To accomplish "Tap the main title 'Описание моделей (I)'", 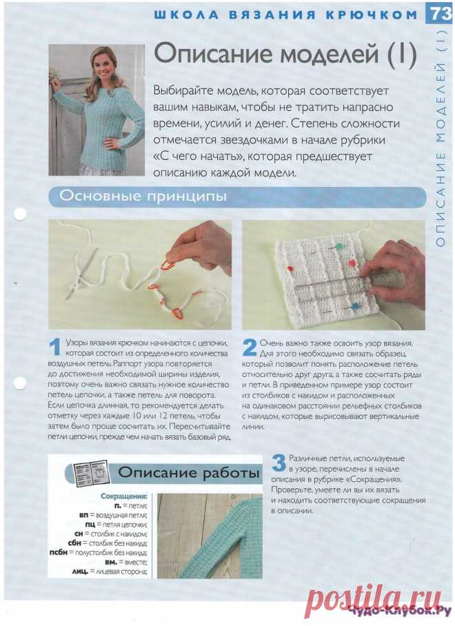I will [x=283, y=55].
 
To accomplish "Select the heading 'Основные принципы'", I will [x=143, y=197].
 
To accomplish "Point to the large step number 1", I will [x=55, y=345].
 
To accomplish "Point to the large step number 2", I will [x=250, y=345].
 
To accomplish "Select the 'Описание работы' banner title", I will [x=188, y=473].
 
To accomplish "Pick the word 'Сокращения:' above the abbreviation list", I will [x=123, y=496].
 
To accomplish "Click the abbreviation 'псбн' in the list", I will [x=60, y=552].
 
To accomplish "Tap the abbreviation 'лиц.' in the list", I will [x=82, y=572].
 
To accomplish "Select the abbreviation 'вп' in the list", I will [x=84, y=514].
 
